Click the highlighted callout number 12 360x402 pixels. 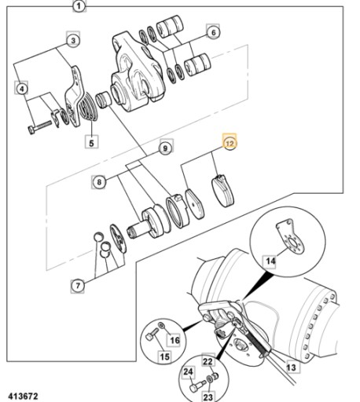click(x=230, y=143)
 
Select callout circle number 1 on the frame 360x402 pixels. click(x=79, y=5)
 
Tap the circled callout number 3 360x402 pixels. click(x=73, y=41)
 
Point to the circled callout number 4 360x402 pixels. click(x=21, y=89)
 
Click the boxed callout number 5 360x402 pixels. click(x=91, y=142)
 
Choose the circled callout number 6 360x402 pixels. click(x=213, y=32)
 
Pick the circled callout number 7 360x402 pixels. click(x=78, y=286)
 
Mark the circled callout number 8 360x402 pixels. click(x=98, y=181)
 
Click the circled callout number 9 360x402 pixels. click(x=166, y=148)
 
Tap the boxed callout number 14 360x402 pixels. click(x=270, y=261)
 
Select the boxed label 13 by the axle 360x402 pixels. click(x=291, y=367)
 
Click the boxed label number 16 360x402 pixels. click(x=175, y=340)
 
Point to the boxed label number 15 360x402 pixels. click(x=164, y=356)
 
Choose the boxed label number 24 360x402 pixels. click(x=188, y=371)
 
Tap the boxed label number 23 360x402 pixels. click(x=208, y=397)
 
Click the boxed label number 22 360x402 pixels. click(x=208, y=362)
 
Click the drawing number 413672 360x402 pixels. click(x=23, y=396)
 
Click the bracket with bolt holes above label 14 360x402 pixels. click(x=290, y=236)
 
